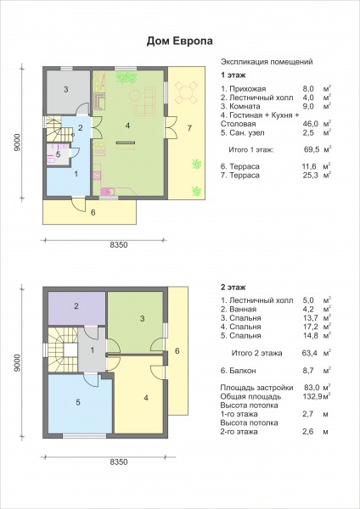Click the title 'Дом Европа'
[180, 42]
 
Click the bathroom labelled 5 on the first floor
[58, 154]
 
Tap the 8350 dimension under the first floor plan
[119, 245]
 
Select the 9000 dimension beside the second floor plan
[17, 362]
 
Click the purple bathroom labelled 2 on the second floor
[76, 308]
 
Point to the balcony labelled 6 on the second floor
[177, 351]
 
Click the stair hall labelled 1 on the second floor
[93, 350]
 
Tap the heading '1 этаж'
[233, 76]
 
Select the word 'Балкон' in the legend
[243, 371]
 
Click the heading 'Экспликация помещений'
[267, 62]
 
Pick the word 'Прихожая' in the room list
[248, 88]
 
